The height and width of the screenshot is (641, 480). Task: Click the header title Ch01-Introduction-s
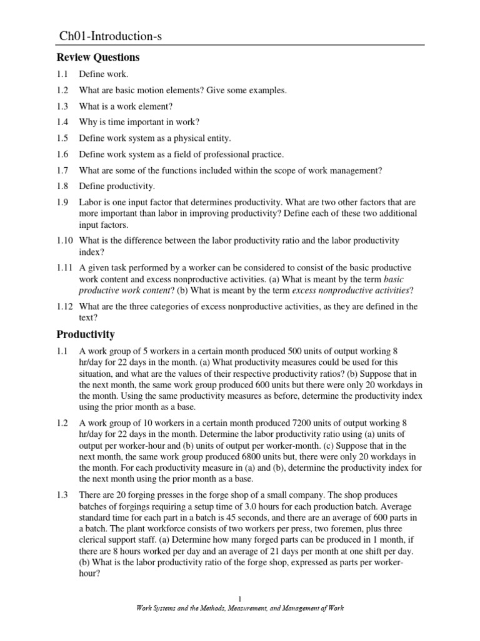tap(110, 38)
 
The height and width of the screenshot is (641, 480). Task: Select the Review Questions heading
tap(98, 58)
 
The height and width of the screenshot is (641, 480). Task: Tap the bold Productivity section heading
tap(86, 334)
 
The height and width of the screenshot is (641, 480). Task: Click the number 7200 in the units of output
tap(282, 423)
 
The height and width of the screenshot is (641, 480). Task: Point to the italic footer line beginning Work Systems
tap(239, 608)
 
